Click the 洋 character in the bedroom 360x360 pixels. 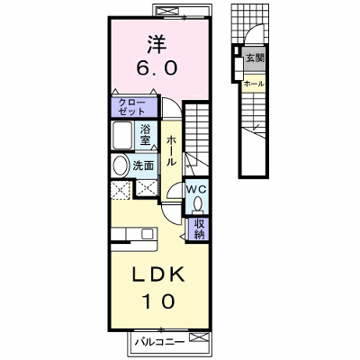[157, 45]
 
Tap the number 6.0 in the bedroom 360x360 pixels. [157, 68]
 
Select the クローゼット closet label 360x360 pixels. [131, 107]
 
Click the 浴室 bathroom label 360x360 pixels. [145, 135]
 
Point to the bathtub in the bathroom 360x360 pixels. [122, 135]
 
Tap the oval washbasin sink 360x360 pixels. [120, 166]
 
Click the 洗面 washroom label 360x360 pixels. [143, 166]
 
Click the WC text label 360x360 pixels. [196, 189]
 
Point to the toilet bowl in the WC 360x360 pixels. [198, 204]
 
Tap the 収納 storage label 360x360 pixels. [199, 229]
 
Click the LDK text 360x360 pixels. [158, 275]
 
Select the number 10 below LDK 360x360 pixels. [158, 301]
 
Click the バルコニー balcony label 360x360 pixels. [159, 342]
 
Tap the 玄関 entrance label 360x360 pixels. [256, 58]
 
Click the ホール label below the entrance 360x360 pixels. [254, 84]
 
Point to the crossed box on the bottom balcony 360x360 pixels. [197, 338]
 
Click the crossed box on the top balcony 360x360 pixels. [166, 12]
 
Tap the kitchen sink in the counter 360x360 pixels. [148, 233]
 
